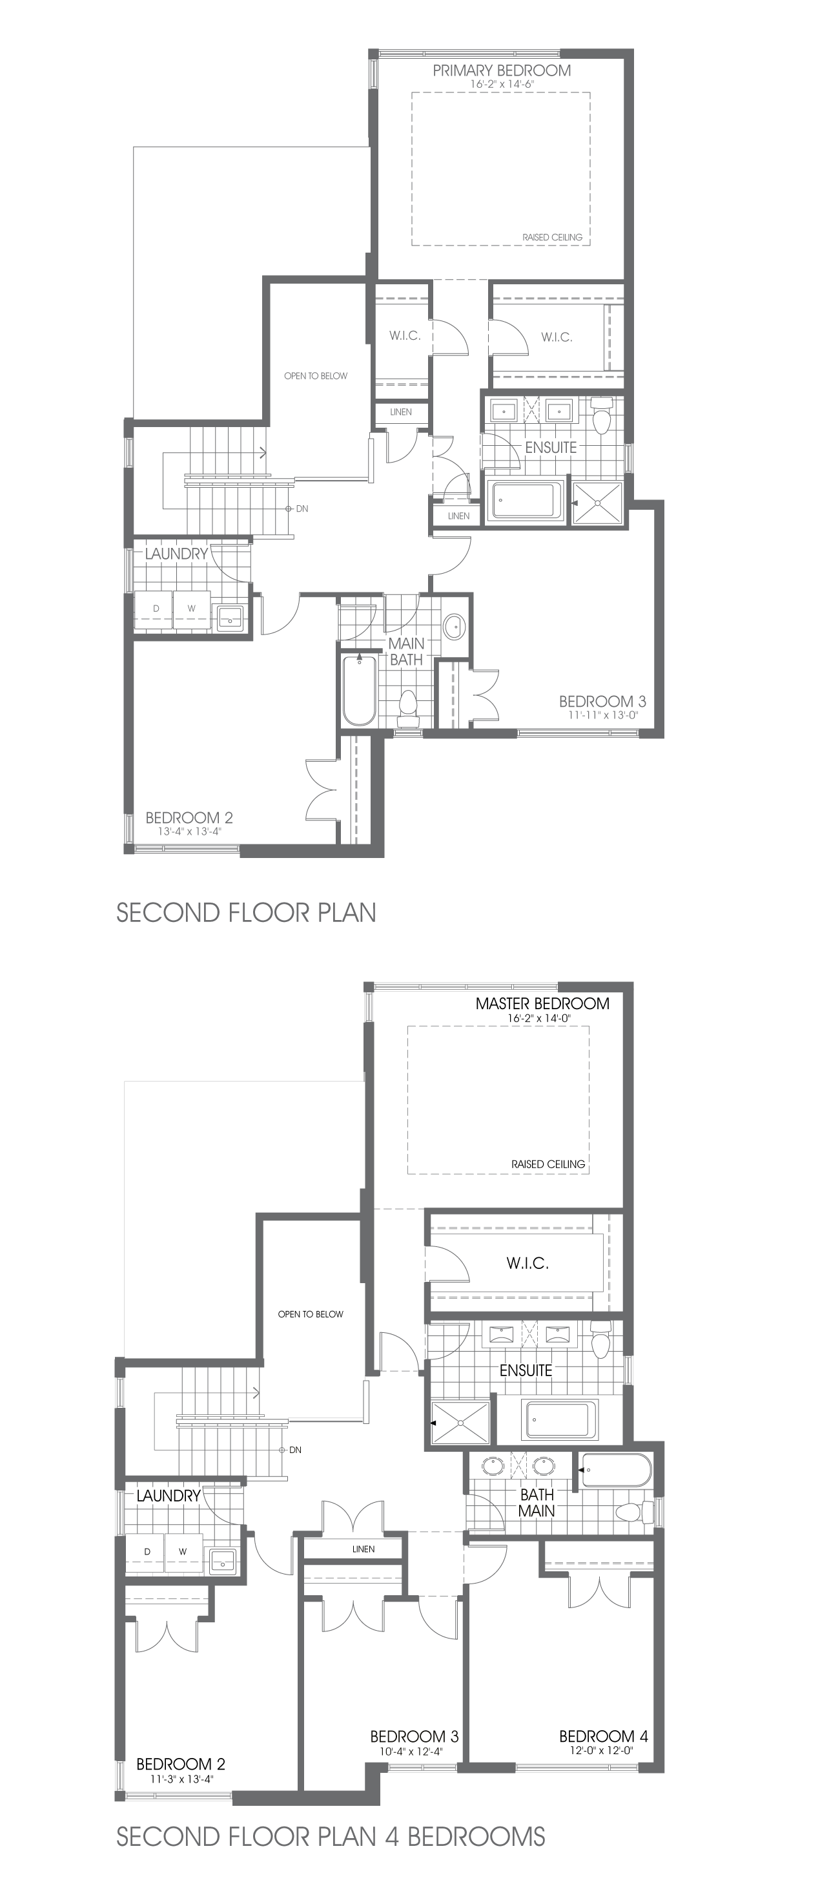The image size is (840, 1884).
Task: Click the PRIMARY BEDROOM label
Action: pyautogui.click(x=502, y=70)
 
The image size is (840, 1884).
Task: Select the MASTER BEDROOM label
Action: pyautogui.click(x=542, y=1003)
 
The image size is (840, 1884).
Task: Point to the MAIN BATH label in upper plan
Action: pyautogui.click(x=405, y=651)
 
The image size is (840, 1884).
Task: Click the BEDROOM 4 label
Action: pyautogui.click(x=603, y=1736)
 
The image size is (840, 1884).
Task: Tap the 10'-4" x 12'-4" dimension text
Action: pyautogui.click(x=414, y=1752)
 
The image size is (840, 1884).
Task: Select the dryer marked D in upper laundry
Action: pyautogui.click(x=155, y=609)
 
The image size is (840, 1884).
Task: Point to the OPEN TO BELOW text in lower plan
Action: pyautogui.click(x=310, y=1314)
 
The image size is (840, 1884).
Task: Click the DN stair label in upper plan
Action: pyautogui.click(x=302, y=508)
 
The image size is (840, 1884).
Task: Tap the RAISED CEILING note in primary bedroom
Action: pyautogui.click(x=552, y=237)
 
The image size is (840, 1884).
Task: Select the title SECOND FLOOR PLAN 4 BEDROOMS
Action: pyautogui.click(x=331, y=1836)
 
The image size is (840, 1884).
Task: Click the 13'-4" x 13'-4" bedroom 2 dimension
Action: pyautogui.click(x=189, y=832)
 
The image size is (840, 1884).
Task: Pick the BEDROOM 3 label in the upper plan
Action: pyautogui.click(x=602, y=702)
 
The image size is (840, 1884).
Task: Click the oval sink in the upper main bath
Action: pyautogui.click(x=454, y=625)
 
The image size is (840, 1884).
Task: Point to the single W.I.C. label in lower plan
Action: pyautogui.click(x=527, y=1263)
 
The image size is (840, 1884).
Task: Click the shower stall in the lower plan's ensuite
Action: pyautogui.click(x=460, y=1423)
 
